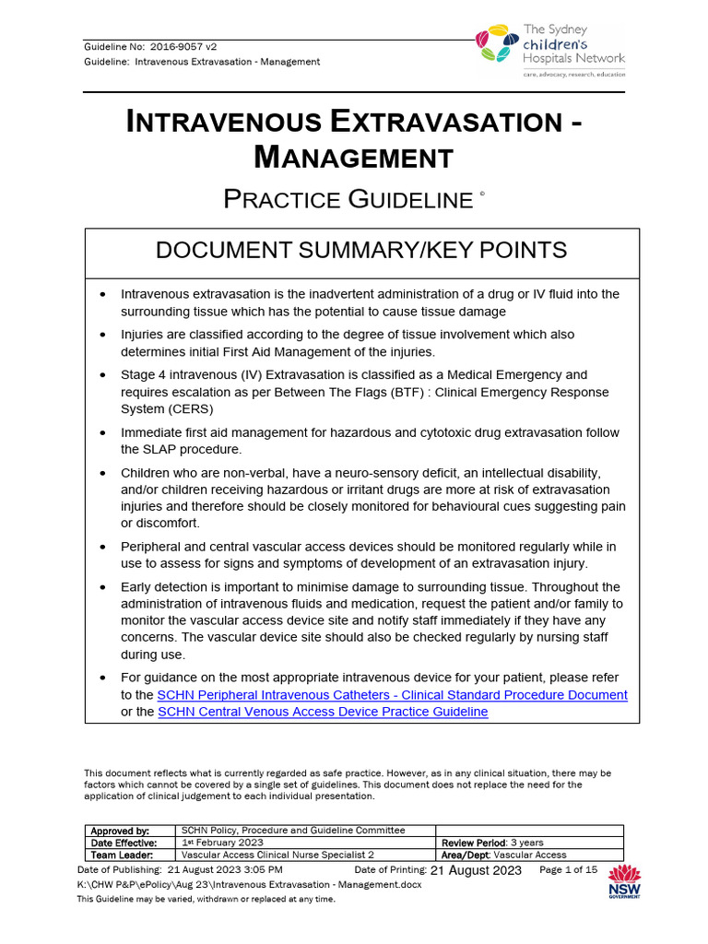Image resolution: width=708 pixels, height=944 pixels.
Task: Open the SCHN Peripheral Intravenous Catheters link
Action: (393, 694)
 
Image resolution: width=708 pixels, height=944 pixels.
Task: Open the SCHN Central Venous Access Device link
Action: (323, 712)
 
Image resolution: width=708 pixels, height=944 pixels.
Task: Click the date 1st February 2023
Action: (222, 843)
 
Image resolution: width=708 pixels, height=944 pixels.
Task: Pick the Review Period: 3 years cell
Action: (492, 843)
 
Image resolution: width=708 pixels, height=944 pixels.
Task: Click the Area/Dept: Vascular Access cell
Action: (504, 855)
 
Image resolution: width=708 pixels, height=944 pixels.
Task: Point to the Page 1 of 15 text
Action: (568, 869)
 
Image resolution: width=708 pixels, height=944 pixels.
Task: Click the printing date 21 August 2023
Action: (476, 870)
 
